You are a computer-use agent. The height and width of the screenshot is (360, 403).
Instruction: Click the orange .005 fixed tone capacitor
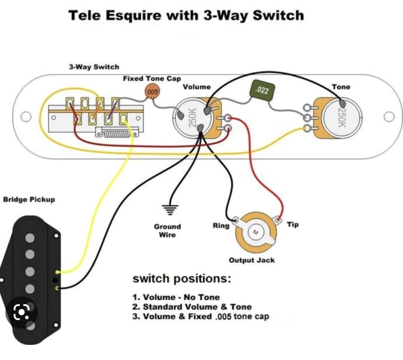pyautogui.click(x=152, y=92)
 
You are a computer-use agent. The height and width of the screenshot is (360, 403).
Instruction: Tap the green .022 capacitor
pyautogui.click(x=263, y=90)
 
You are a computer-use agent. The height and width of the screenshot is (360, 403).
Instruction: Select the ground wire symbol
pyautogui.click(x=170, y=210)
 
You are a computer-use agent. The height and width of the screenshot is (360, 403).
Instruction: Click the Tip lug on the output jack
pyautogui.click(x=278, y=220)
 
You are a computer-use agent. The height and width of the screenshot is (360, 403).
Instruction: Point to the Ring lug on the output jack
pyautogui.click(x=236, y=220)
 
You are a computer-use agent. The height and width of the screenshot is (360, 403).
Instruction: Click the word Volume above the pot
pyautogui.click(x=197, y=87)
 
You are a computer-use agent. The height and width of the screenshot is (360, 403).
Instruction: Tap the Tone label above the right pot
pyautogui.click(x=341, y=87)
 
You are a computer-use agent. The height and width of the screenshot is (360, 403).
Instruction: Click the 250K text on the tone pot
pyautogui.click(x=341, y=118)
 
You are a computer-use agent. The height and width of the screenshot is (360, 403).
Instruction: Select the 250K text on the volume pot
pyautogui.click(x=192, y=118)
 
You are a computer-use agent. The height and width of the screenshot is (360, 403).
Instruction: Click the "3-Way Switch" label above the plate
pyautogui.click(x=94, y=67)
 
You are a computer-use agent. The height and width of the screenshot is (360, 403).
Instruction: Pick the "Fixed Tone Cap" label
pyautogui.click(x=152, y=79)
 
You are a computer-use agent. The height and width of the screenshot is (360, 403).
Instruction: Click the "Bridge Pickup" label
pyautogui.click(x=29, y=200)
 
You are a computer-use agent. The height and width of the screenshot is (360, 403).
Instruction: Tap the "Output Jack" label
pyautogui.click(x=252, y=260)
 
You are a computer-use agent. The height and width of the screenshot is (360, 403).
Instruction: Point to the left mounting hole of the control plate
pyautogui.click(x=26, y=117)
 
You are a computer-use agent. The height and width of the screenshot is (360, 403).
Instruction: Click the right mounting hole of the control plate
pyautogui.click(x=389, y=117)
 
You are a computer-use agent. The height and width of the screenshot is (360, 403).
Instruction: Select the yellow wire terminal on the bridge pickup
pyautogui.click(x=57, y=272)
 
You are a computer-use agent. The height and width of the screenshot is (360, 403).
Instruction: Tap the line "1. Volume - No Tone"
pyautogui.click(x=176, y=297)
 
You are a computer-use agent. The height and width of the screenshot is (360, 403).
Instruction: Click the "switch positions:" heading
pyautogui.click(x=182, y=279)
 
